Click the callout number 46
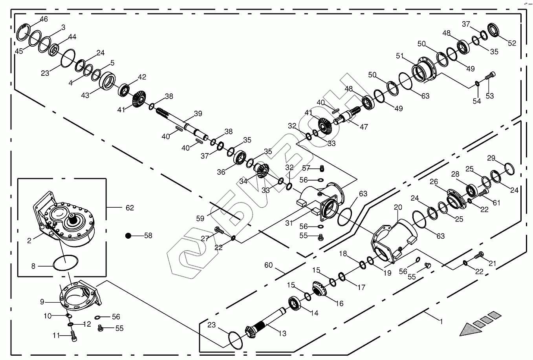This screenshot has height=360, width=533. [x=44, y=19]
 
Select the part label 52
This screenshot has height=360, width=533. [x=512, y=43]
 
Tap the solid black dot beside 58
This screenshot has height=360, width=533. [x=128, y=236]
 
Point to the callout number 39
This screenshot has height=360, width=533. [x=198, y=114]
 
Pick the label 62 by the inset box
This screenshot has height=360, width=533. [x=129, y=208]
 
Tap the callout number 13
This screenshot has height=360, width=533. [x=282, y=333]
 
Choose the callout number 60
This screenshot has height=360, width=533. [x=268, y=265]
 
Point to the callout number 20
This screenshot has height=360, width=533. [x=398, y=207]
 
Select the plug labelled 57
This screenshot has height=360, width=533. [x=322, y=169]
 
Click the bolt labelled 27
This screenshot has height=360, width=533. [x=218, y=230]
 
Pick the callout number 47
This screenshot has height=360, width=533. [x=364, y=126]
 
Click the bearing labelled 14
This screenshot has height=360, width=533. [x=295, y=303]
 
